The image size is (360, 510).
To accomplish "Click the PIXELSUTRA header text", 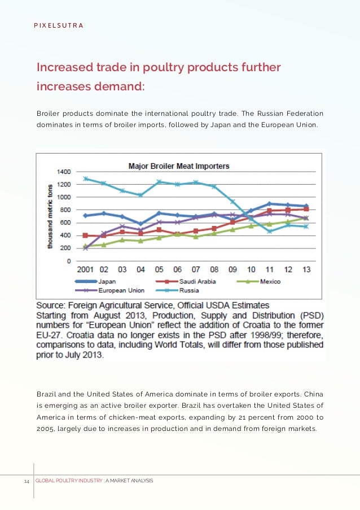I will point(55,25).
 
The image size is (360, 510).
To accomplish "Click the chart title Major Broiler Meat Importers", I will point(179,166).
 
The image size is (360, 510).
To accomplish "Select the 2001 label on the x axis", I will point(85,270).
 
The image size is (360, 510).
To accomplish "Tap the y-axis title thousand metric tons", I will point(50,216).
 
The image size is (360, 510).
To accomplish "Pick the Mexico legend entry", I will point(270,281).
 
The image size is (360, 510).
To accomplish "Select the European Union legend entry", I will point(122,290).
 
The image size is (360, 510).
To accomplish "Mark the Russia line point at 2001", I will point(86,178).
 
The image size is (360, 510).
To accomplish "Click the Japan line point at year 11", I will point(270,204).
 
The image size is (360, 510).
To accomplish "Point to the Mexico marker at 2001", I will point(86,246).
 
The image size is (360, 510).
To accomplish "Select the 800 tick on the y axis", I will point(65,210).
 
